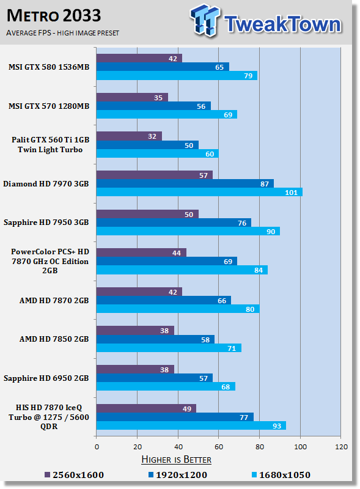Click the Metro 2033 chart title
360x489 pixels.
(54, 16)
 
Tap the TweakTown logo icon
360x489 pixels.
(205, 21)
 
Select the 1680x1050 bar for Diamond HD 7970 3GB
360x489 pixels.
(199, 192)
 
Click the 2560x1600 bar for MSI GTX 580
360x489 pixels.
(139, 58)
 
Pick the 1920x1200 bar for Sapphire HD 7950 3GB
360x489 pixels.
(174, 222)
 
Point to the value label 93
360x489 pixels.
(277, 426)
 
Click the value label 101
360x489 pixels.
(291, 193)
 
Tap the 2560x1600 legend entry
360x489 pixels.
(74, 475)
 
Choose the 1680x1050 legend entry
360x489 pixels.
(281, 475)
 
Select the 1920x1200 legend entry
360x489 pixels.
(178, 475)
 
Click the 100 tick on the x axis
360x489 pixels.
(301, 447)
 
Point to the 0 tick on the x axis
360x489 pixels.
(97, 447)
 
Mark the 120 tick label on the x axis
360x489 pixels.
(341, 447)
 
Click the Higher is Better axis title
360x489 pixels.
(176, 460)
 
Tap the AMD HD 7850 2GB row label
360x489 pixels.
(54, 339)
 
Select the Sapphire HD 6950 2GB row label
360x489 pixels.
(46, 378)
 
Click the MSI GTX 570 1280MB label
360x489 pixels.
(49, 106)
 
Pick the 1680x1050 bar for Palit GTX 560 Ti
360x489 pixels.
(158, 153)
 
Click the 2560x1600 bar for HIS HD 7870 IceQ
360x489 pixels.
(146, 408)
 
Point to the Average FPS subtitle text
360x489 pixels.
(62, 33)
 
